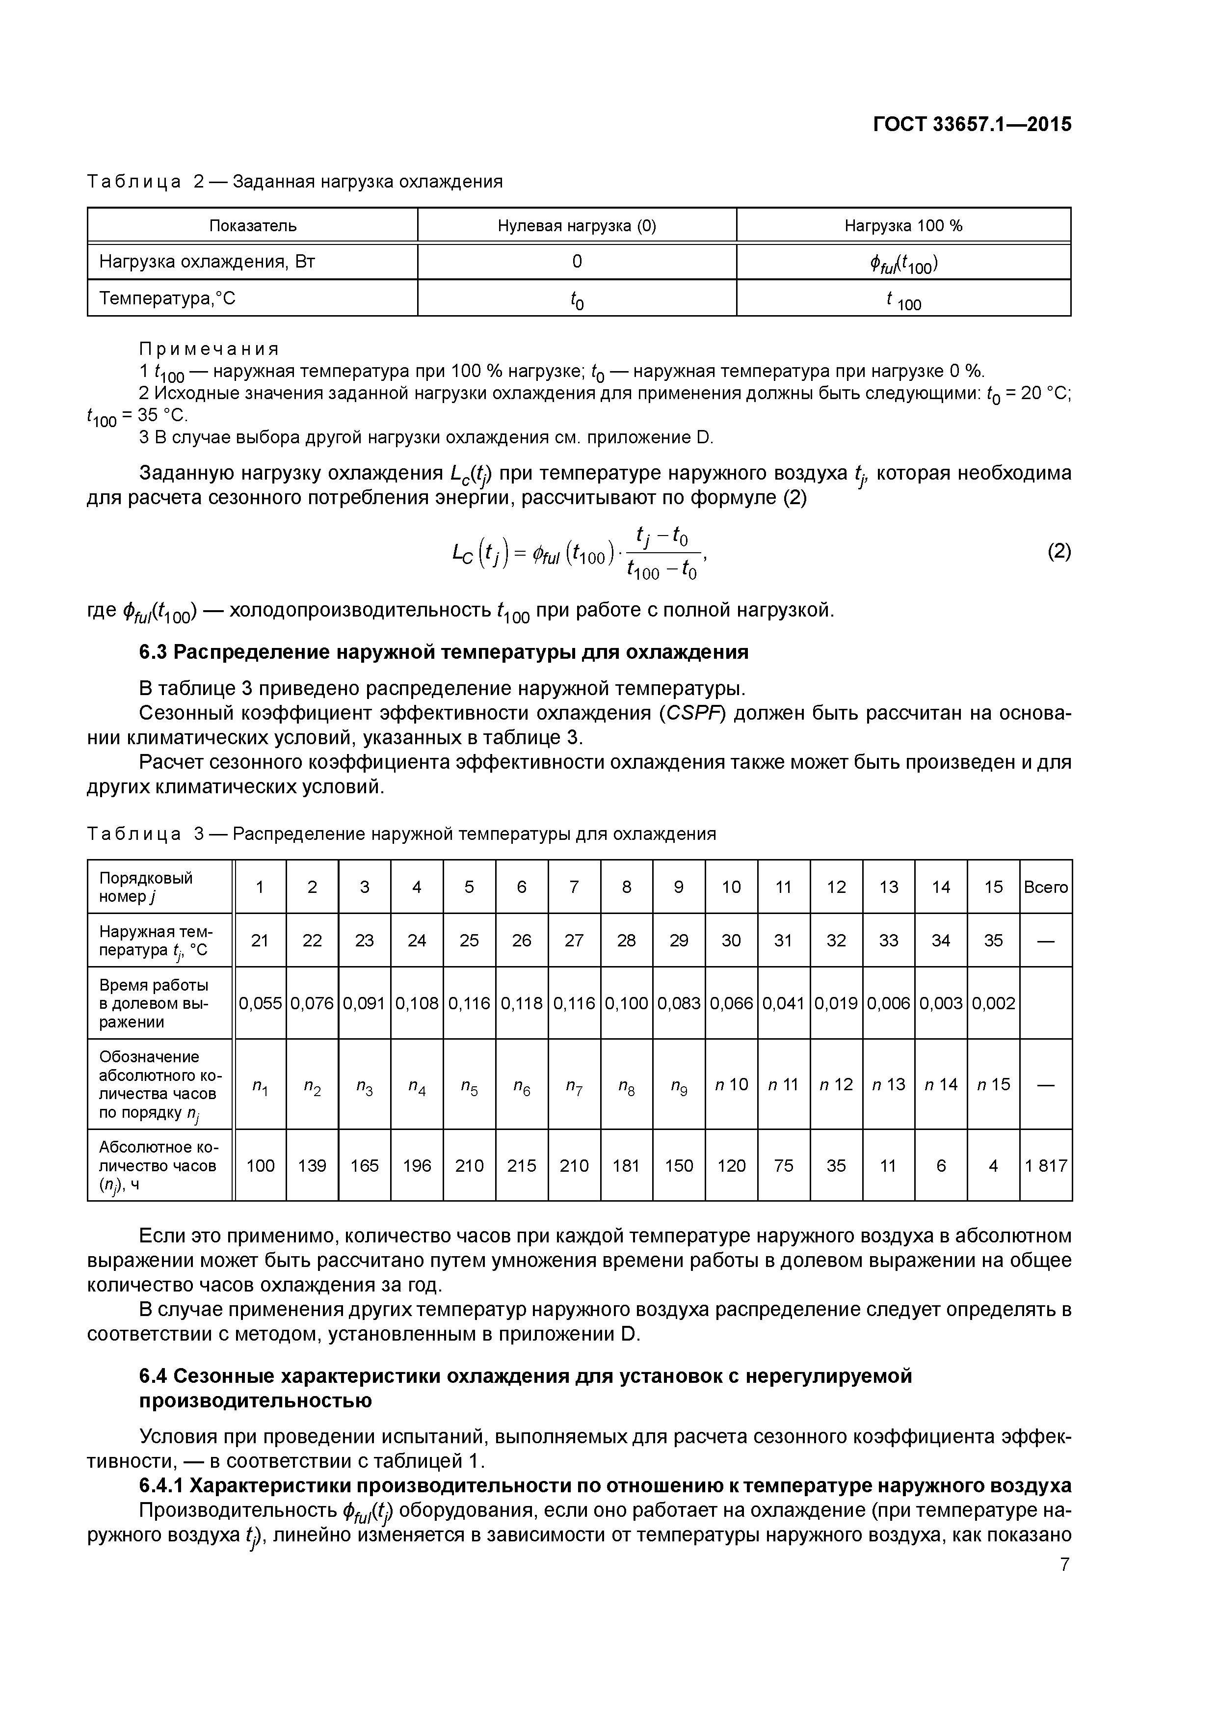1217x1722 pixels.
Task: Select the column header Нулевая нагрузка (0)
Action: pyautogui.click(x=577, y=226)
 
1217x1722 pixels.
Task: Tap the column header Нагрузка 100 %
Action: pyautogui.click(x=903, y=226)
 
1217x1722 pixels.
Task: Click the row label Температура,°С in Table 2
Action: pyautogui.click(x=167, y=298)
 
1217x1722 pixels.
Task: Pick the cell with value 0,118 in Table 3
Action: pyautogui.click(x=521, y=1003)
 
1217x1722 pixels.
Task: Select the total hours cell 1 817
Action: pyautogui.click(x=1045, y=1165)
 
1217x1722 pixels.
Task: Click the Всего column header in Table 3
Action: pyautogui.click(x=1045, y=887)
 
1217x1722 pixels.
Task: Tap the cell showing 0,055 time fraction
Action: pyautogui.click(x=260, y=1003)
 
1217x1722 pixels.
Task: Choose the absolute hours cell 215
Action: pyautogui.click(x=521, y=1165)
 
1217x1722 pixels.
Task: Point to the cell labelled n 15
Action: pyautogui.click(x=993, y=1084)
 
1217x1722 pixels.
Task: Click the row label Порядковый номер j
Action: pyautogui.click(x=146, y=887)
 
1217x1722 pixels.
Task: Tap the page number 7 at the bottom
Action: pyautogui.click(x=1065, y=1564)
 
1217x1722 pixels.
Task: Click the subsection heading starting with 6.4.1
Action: pyautogui.click(x=605, y=1485)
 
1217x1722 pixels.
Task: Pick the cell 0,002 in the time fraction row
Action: pyautogui.click(x=993, y=1003)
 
